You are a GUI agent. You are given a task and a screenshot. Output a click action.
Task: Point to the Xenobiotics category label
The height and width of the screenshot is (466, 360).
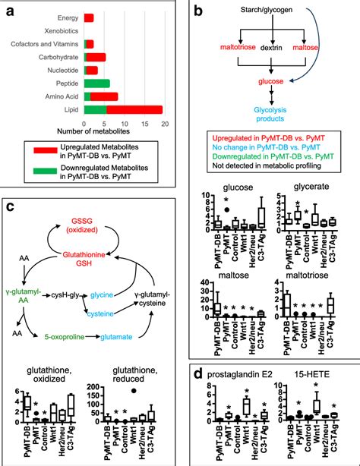(59, 30)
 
